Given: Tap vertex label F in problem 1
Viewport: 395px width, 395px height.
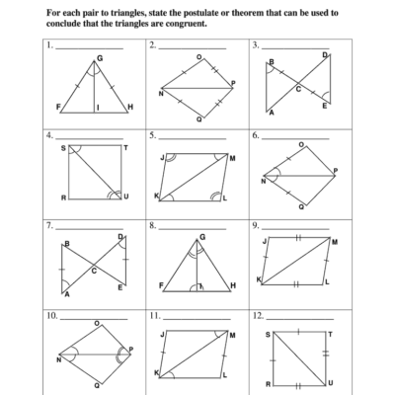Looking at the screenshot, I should (58, 106).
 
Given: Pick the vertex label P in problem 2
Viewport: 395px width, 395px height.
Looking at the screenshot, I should (233, 83).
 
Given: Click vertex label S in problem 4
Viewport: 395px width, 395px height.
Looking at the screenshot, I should (64, 148).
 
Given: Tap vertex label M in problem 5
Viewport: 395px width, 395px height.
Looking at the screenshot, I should (232, 157).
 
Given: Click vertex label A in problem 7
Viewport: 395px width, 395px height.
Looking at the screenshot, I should (67, 293).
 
